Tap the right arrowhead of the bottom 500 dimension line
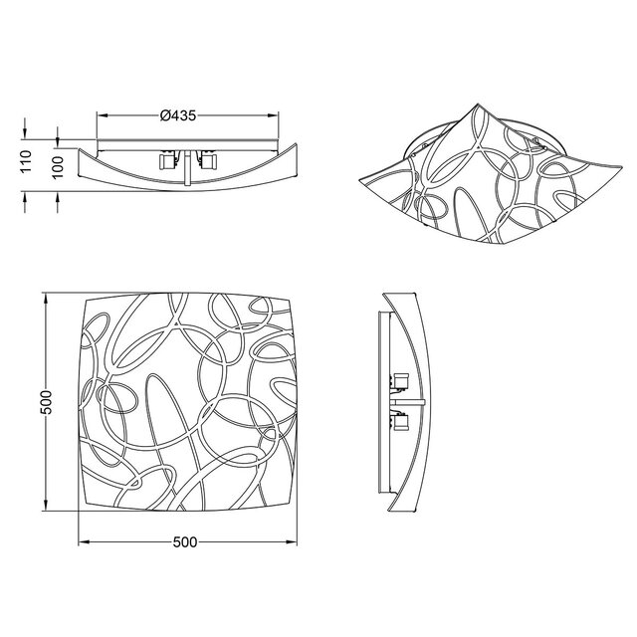tap(293, 542)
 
